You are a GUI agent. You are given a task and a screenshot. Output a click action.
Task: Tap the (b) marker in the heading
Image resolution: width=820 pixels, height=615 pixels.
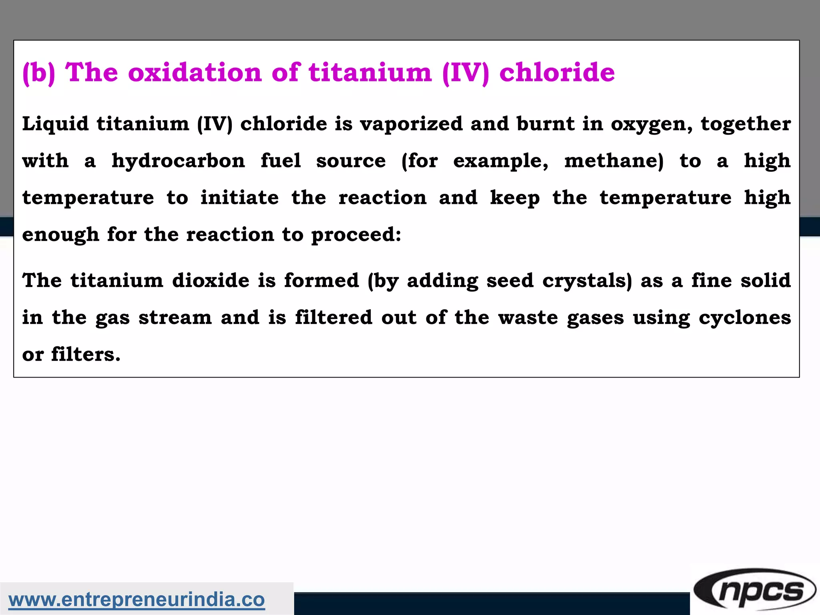38,73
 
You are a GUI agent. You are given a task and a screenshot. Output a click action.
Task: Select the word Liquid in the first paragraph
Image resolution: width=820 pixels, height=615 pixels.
55,124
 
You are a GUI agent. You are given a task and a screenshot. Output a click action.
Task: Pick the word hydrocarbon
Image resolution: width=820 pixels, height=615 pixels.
178,161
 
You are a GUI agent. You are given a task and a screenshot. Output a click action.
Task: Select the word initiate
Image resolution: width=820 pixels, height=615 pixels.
239,198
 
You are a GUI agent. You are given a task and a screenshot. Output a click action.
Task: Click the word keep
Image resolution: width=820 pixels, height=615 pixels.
515,198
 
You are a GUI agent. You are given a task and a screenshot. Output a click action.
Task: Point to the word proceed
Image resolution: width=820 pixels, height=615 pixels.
356,235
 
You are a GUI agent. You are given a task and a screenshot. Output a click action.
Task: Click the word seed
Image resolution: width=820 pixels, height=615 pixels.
510,280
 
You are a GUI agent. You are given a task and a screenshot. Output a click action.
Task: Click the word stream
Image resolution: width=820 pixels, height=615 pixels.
175,318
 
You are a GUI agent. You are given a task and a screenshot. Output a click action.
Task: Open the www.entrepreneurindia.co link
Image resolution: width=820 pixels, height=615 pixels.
137,600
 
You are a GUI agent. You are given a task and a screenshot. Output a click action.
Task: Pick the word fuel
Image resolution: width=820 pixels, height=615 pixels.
280,161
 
